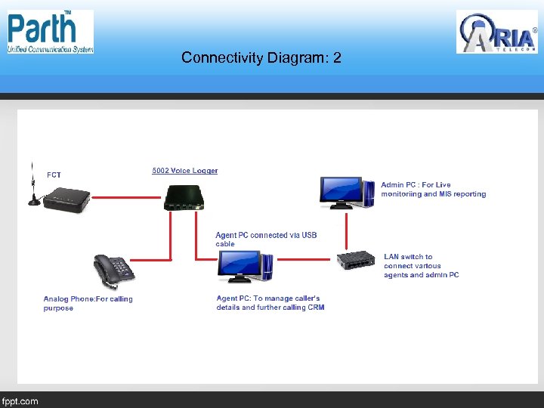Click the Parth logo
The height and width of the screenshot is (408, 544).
(x=51, y=32)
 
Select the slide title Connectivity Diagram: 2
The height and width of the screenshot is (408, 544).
(x=261, y=57)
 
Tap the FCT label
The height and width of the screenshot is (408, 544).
(x=54, y=175)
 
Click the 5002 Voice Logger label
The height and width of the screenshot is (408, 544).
(x=185, y=171)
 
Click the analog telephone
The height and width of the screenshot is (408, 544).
(x=113, y=271)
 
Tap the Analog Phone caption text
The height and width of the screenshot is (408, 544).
(x=88, y=303)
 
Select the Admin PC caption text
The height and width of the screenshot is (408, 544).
(x=433, y=190)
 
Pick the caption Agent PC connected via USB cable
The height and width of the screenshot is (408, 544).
(x=266, y=240)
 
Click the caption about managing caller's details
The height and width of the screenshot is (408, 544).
(x=270, y=303)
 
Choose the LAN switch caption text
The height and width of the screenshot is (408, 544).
(x=421, y=266)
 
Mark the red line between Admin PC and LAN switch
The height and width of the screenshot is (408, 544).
(x=346, y=230)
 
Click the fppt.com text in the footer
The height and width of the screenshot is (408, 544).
(x=20, y=401)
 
